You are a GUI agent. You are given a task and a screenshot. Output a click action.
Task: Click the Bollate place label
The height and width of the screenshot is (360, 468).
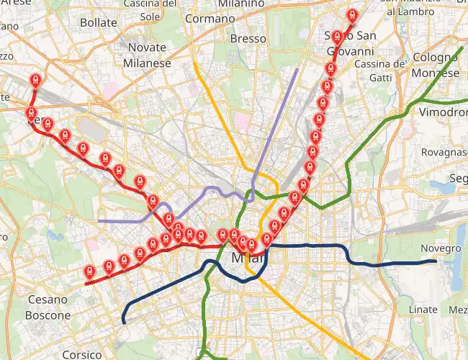(x=99, y=22)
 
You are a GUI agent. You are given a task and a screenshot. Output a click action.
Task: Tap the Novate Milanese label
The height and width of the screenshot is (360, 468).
(x=146, y=55)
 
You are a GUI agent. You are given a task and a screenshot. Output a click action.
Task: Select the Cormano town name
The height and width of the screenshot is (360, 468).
(x=210, y=19)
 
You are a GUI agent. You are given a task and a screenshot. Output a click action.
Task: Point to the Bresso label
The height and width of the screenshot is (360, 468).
(x=248, y=39)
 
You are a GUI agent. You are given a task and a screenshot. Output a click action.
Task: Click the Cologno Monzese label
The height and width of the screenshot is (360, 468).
(x=436, y=65)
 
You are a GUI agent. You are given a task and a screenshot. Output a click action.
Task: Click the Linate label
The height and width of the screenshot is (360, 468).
(x=422, y=310)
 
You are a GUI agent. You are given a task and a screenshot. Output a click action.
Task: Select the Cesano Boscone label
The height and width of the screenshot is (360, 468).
(x=48, y=307)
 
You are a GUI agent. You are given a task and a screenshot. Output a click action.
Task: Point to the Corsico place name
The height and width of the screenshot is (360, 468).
(x=81, y=354)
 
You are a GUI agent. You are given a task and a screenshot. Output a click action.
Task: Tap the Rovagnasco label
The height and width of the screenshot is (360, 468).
(x=444, y=152)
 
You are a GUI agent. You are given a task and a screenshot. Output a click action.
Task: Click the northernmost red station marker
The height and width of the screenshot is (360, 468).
(x=351, y=14)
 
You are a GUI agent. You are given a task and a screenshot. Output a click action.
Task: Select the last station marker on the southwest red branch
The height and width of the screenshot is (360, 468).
(x=89, y=271)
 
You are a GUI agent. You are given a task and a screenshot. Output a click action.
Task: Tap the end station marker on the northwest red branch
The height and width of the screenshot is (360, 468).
(x=35, y=79)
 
